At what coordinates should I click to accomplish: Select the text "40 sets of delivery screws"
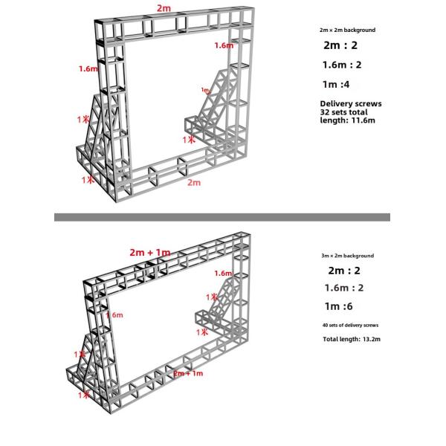[350, 325]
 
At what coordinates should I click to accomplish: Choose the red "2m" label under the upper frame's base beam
[195, 182]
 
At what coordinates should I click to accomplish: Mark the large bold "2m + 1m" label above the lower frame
[150, 253]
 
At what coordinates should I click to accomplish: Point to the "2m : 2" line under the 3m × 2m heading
[345, 271]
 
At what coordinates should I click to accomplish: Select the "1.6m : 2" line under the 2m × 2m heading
[343, 65]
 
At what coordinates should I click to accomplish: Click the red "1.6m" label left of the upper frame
[88, 69]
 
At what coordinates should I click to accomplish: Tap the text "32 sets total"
[344, 111]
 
